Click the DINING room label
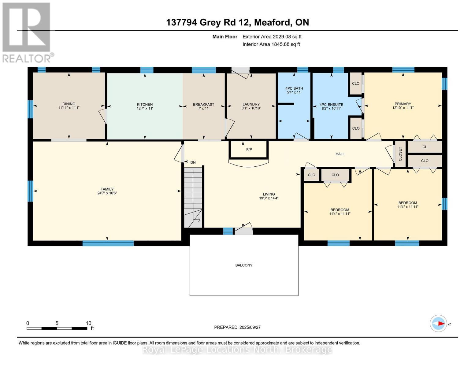click(69, 104)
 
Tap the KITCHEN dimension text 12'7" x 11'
click(145, 109)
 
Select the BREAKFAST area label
click(203, 104)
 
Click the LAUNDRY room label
click(251, 104)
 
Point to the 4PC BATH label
click(294, 88)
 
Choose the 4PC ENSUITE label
click(331, 104)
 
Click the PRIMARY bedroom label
click(403, 104)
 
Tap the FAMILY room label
click(107, 189)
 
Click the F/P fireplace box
click(249, 150)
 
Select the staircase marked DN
click(193, 197)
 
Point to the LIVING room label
click(269, 194)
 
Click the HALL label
click(340, 154)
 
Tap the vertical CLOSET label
click(400, 154)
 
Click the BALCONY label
click(244, 265)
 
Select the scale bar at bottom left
click(57, 328)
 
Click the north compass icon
click(438, 323)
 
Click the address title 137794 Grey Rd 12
click(237, 22)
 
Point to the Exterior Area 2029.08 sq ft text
click(272, 37)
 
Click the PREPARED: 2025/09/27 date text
click(237, 327)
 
